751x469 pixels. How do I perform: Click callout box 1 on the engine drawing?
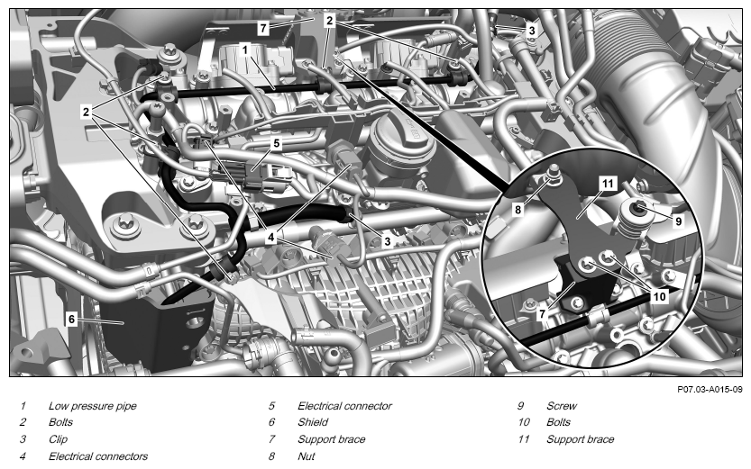[x=245, y=50]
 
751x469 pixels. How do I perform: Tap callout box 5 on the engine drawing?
[x=277, y=143]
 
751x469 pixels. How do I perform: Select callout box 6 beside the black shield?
[x=72, y=319]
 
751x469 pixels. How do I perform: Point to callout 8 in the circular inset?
[x=517, y=210]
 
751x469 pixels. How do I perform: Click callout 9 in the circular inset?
[x=678, y=221]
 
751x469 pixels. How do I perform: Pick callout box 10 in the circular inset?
[x=660, y=296]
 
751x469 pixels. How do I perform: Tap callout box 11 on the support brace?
[x=608, y=184]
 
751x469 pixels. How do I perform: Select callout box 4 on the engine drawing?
[x=271, y=237]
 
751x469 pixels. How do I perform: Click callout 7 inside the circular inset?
[x=542, y=313]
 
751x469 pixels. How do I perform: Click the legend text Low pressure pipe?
[x=93, y=406]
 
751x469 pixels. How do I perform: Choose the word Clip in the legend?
[x=58, y=439]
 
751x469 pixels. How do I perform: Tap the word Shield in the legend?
[x=313, y=422]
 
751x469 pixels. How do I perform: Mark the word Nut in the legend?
[x=306, y=456]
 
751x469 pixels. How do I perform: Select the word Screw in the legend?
[x=562, y=406]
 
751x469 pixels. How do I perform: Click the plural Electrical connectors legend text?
[x=98, y=456]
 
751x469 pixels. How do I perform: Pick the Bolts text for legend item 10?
[x=558, y=422]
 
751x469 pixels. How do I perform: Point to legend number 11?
[x=524, y=439]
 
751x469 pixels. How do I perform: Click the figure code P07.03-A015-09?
[x=710, y=390]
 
